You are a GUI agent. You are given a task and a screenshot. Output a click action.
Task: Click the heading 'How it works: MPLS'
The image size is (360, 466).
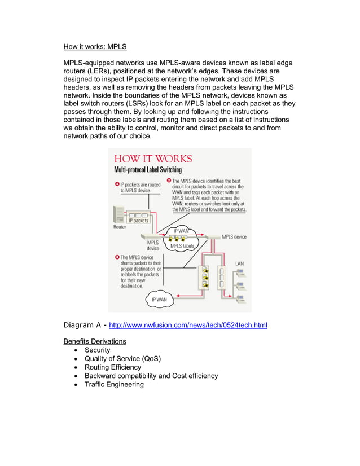point(95,47)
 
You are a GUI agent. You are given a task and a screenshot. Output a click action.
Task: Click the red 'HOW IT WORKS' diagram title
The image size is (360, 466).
point(153,159)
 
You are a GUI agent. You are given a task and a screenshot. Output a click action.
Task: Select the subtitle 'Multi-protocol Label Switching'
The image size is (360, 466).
point(148,169)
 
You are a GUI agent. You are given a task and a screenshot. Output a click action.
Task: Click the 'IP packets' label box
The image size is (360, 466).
point(138,221)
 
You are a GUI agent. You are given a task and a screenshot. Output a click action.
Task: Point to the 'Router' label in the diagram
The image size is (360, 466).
point(120,227)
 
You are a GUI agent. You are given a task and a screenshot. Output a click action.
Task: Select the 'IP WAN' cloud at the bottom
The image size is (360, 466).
point(160,300)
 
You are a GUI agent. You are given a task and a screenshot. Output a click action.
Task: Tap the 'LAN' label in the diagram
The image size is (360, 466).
point(240,263)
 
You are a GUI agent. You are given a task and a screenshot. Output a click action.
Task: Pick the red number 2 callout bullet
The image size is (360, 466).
point(169,181)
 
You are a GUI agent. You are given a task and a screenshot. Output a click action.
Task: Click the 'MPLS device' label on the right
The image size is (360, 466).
point(234,237)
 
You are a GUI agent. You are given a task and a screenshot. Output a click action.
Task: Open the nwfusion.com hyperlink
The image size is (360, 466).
point(188,326)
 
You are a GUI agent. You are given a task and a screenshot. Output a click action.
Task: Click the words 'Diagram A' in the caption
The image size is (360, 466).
point(82,325)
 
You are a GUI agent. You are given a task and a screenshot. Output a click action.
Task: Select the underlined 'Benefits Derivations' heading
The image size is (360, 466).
point(94,341)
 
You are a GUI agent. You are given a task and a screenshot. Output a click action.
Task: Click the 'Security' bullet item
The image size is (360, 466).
point(97,350)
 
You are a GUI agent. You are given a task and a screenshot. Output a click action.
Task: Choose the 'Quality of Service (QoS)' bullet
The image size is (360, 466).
point(122,359)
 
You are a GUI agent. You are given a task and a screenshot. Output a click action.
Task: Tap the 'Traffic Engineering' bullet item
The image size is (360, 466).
point(114,384)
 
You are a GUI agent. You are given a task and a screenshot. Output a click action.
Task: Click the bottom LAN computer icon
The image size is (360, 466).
point(240,297)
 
